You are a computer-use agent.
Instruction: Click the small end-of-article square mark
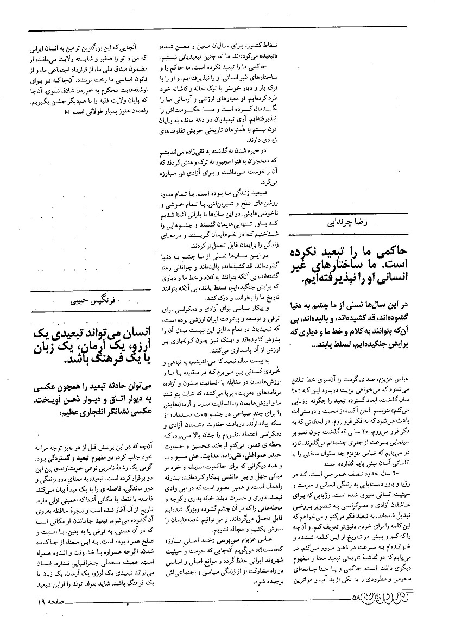click(67, 112)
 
